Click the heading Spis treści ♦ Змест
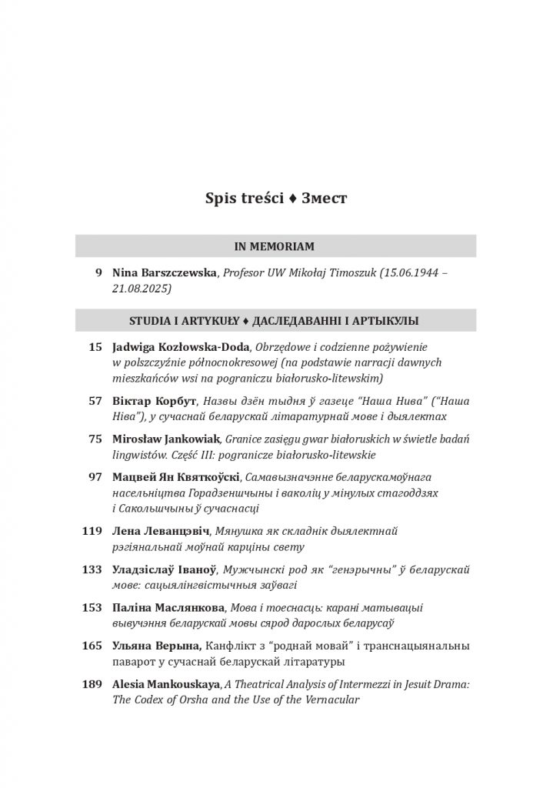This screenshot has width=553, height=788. [x=276, y=199]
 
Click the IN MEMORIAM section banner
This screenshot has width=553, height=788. [x=275, y=246]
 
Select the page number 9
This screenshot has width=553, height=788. [x=98, y=272]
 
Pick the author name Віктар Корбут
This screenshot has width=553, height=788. [x=155, y=401]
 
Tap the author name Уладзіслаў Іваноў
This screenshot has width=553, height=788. [x=164, y=569]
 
